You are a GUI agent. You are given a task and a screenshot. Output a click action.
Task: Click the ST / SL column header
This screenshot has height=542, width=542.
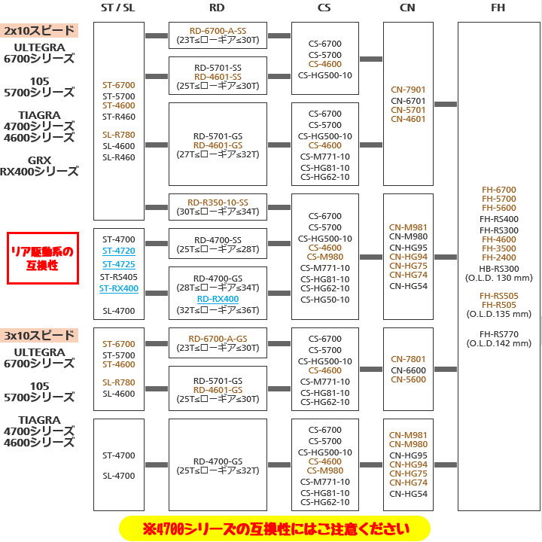(x=118, y=8)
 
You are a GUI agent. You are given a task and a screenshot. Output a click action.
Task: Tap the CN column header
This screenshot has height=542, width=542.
(x=408, y=8)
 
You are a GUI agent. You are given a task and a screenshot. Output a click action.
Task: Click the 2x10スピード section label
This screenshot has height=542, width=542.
(x=39, y=31)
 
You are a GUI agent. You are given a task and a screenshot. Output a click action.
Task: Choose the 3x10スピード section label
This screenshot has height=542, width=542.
(x=39, y=335)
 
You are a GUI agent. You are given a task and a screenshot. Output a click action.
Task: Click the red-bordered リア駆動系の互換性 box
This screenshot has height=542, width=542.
(x=43, y=257)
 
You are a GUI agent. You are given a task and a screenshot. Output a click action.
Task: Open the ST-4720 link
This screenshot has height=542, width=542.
(x=118, y=250)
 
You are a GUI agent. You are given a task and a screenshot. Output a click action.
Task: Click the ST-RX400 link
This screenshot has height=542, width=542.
(x=118, y=288)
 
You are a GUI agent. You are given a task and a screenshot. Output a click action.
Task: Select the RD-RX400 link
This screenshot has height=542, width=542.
(x=218, y=299)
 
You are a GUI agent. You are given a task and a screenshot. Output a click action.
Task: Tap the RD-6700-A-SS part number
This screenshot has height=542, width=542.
(x=218, y=30)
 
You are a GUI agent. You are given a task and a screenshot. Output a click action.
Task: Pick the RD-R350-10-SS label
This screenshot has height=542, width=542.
(x=218, y=201)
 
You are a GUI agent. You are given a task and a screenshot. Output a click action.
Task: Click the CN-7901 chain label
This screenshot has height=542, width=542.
(x=408, y=90)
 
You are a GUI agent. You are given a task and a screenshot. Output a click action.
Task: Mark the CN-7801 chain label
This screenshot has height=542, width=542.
(x=408, y=359)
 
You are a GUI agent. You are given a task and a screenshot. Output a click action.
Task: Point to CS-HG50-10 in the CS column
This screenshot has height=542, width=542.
(x=324, y=299)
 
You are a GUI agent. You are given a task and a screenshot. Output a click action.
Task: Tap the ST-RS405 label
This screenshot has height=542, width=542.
(x=118, y=276)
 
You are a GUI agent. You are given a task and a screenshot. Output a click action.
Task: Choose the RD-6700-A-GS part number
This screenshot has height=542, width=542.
(x=218, y=338)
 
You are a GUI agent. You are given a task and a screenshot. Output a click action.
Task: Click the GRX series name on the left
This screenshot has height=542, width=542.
(x=39, y=160)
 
